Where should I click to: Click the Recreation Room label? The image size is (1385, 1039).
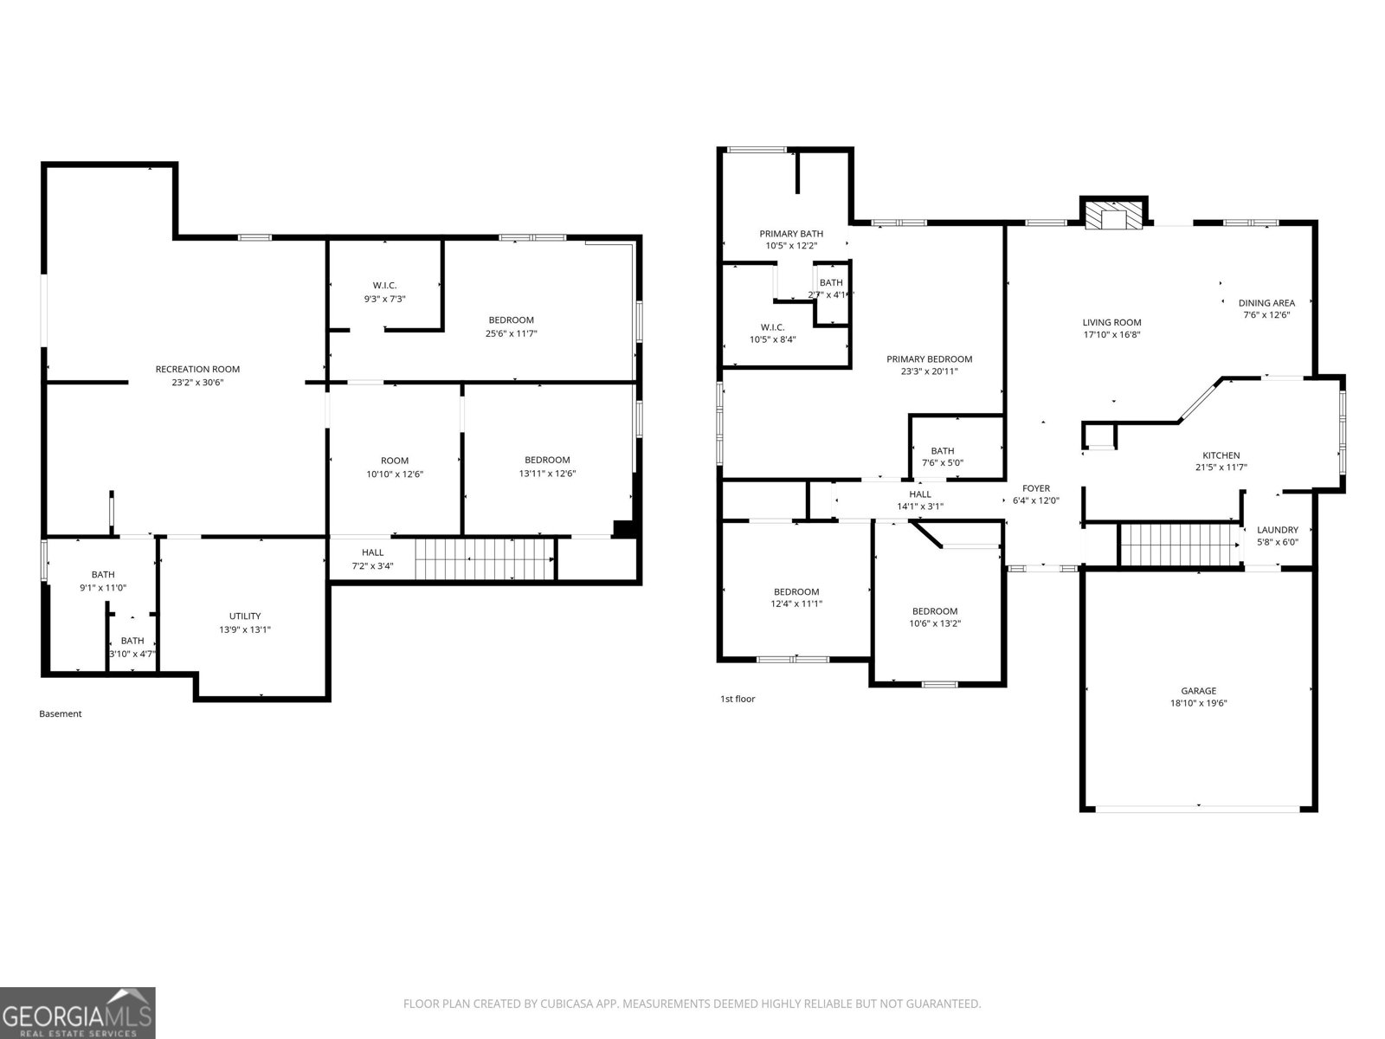[197, 369]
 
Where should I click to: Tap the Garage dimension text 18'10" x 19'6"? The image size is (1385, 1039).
[1198, 703]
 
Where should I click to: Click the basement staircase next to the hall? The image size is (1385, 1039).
[484, 559]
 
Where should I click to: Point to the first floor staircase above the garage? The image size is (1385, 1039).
[1179, 544]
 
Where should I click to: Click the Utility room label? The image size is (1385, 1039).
[245, 616]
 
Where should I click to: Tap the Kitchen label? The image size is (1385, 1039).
[1221, 455]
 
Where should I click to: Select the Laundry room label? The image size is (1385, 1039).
[1277, 530]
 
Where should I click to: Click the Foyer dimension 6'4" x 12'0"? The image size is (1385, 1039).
[1035, 500]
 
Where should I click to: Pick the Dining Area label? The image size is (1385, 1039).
[1266, 303]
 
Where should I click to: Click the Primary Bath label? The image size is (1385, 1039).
[791, 234]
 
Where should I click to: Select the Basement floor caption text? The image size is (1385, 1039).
[61, 714]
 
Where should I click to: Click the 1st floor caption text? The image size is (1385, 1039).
[738, 699]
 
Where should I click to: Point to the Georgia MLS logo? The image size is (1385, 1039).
[77, 1012]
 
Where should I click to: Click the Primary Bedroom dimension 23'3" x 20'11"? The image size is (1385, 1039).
[929, 371]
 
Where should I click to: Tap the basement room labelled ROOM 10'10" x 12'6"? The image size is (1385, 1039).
[395, 467]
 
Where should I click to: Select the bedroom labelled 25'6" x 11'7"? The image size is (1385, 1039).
[511, 326]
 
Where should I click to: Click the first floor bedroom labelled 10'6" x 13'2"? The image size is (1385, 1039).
[935, 616]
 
